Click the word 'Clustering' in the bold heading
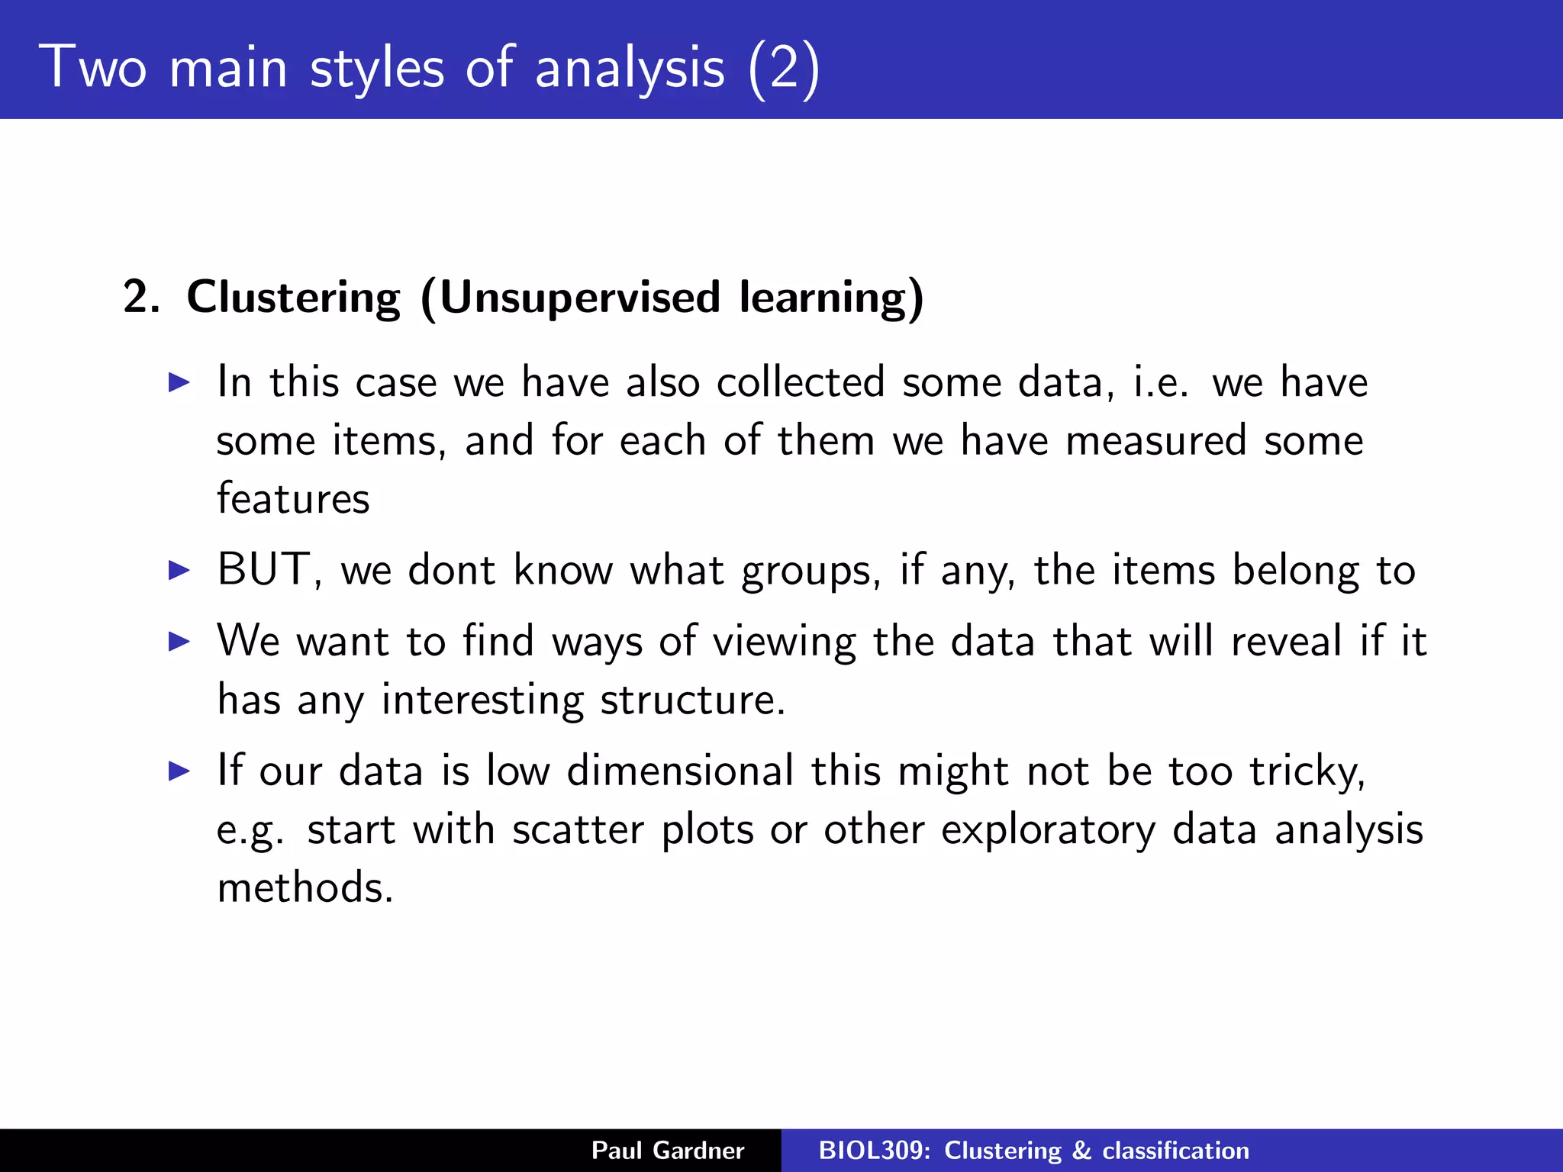pos(293,297)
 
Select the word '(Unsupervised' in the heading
pos(569,297)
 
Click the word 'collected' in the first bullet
pos(801,382)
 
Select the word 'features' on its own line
pos(293,499)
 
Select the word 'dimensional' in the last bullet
pos(680,771)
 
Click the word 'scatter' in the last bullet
pos(578,829)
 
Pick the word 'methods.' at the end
pos(305,888)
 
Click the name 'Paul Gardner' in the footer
pos(667,1151)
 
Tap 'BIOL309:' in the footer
pos(875,1151)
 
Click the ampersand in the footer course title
pos(1081,1151)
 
